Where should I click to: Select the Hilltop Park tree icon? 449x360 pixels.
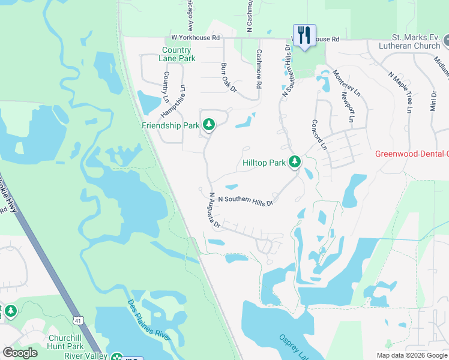294,162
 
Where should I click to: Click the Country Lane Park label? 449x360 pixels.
178,55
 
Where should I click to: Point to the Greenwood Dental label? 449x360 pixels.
411,154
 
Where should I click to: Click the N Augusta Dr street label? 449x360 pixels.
215,211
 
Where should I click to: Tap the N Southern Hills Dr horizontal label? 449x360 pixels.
246,200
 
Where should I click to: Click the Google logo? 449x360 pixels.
20,353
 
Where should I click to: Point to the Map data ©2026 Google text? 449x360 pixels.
412,355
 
